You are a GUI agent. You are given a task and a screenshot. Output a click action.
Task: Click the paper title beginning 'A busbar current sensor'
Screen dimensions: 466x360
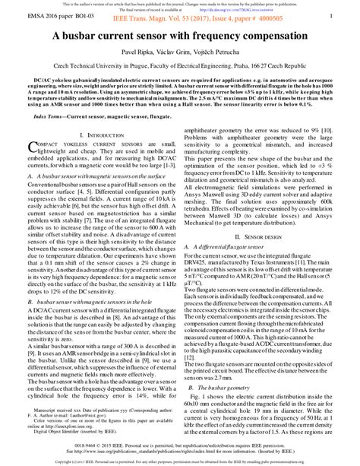click(180, 56)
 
